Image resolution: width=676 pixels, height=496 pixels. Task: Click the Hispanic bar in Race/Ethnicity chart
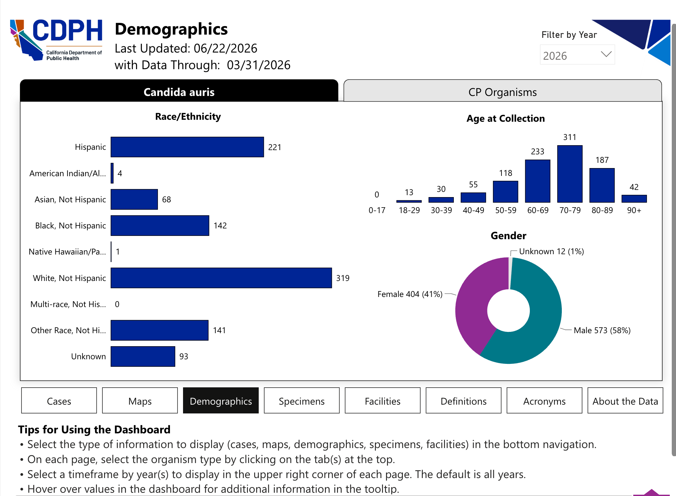coord(187,147)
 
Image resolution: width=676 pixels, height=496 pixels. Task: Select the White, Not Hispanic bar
coord(221,278)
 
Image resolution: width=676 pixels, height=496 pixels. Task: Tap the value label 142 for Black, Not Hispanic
coord(220,225)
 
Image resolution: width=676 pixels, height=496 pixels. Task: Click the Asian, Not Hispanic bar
coord(134,199)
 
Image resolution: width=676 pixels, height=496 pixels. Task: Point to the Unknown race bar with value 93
coord(143,356)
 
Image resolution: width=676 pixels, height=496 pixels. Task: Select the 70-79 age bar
coord(570,174)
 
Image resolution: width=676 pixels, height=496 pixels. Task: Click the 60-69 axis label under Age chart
coord(538,210)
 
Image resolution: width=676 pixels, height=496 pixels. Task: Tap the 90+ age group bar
coord(634,199)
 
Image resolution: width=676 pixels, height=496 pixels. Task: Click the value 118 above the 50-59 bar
coord(506,173)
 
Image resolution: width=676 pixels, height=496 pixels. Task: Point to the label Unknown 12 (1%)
coord(551,251)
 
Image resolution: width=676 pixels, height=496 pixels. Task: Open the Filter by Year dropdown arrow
coord(606,54)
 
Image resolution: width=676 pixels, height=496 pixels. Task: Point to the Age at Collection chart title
coord(506,118)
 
